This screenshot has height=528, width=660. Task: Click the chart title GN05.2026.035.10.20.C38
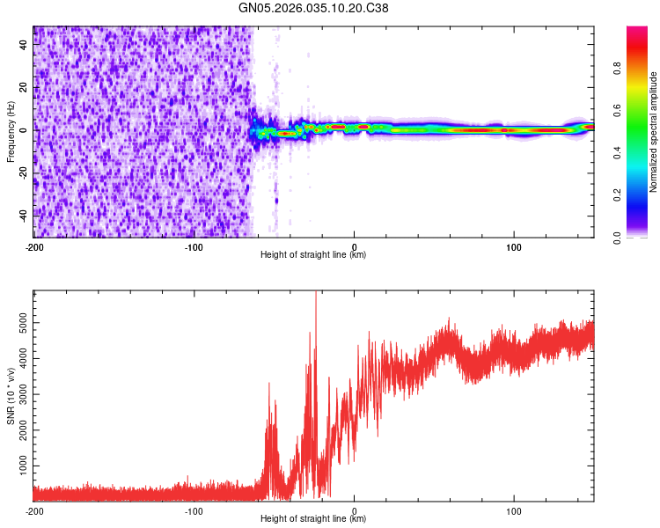(314, 10)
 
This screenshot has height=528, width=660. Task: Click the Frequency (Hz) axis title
(11, 132)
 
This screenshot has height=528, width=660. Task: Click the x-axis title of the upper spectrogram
(313, 255)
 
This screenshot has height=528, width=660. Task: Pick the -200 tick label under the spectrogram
(33, 246)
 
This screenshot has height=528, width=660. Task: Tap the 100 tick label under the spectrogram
(514, 246)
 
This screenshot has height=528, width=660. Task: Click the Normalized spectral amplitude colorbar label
(654, 132)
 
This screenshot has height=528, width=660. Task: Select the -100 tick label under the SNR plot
(194, 510)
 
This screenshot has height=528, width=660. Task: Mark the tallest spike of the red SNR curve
(316, 293)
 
